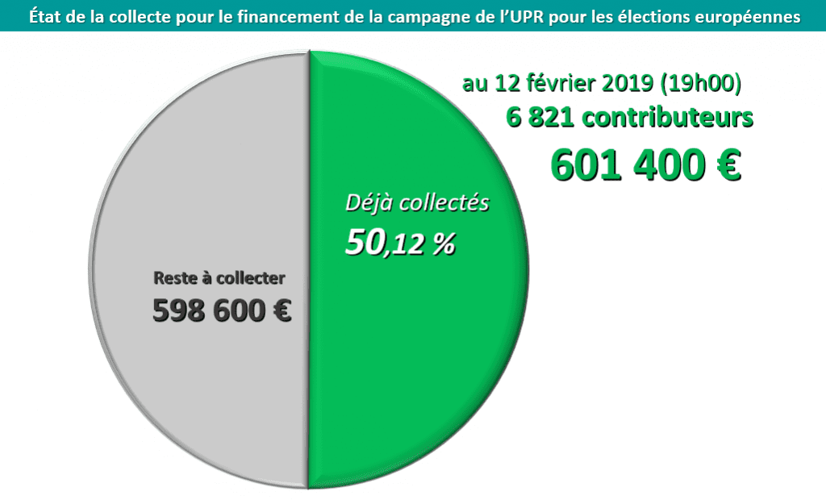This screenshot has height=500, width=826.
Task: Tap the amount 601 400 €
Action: [645, 165]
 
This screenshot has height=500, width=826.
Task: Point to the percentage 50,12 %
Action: [400, 243]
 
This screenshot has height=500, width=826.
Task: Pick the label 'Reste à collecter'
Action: [219, 279]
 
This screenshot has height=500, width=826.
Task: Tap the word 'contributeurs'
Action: [669, 118]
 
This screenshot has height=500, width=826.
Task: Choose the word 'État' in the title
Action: [46, 16]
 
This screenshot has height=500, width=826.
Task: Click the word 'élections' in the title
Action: [666, 16]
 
